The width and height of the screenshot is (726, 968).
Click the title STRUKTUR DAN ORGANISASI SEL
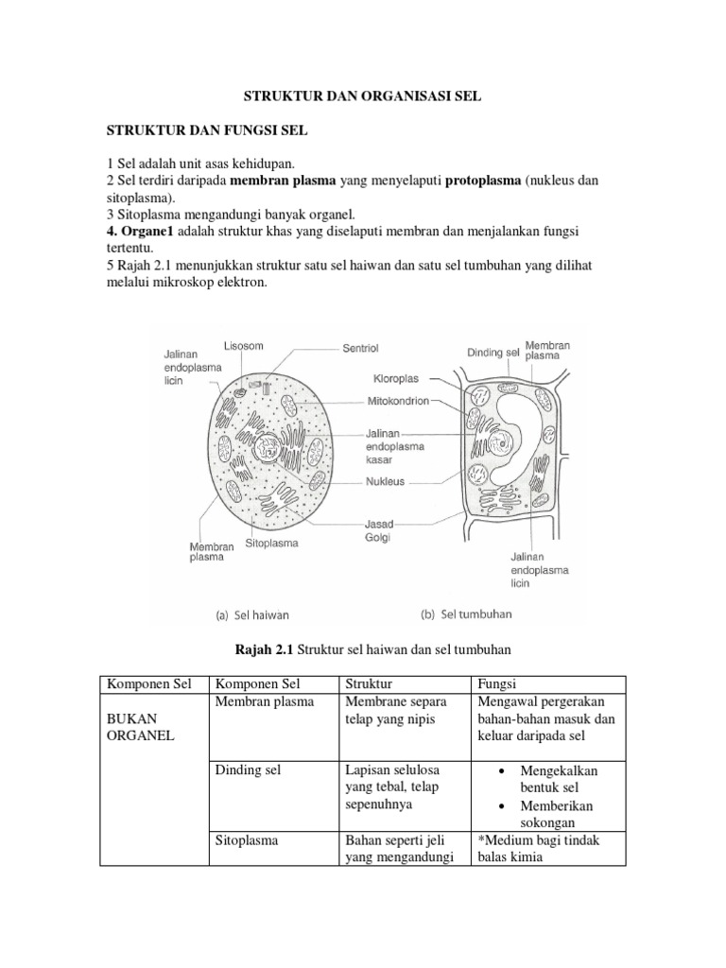point(363,97)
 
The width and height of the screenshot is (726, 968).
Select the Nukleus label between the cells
point(386,480)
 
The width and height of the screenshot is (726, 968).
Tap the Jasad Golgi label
point(383,529)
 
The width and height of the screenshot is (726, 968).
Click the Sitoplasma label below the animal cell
point(272,544)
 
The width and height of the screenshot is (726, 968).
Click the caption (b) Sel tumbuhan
point(465,614)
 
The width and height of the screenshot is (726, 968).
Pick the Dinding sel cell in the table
point(249,770)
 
